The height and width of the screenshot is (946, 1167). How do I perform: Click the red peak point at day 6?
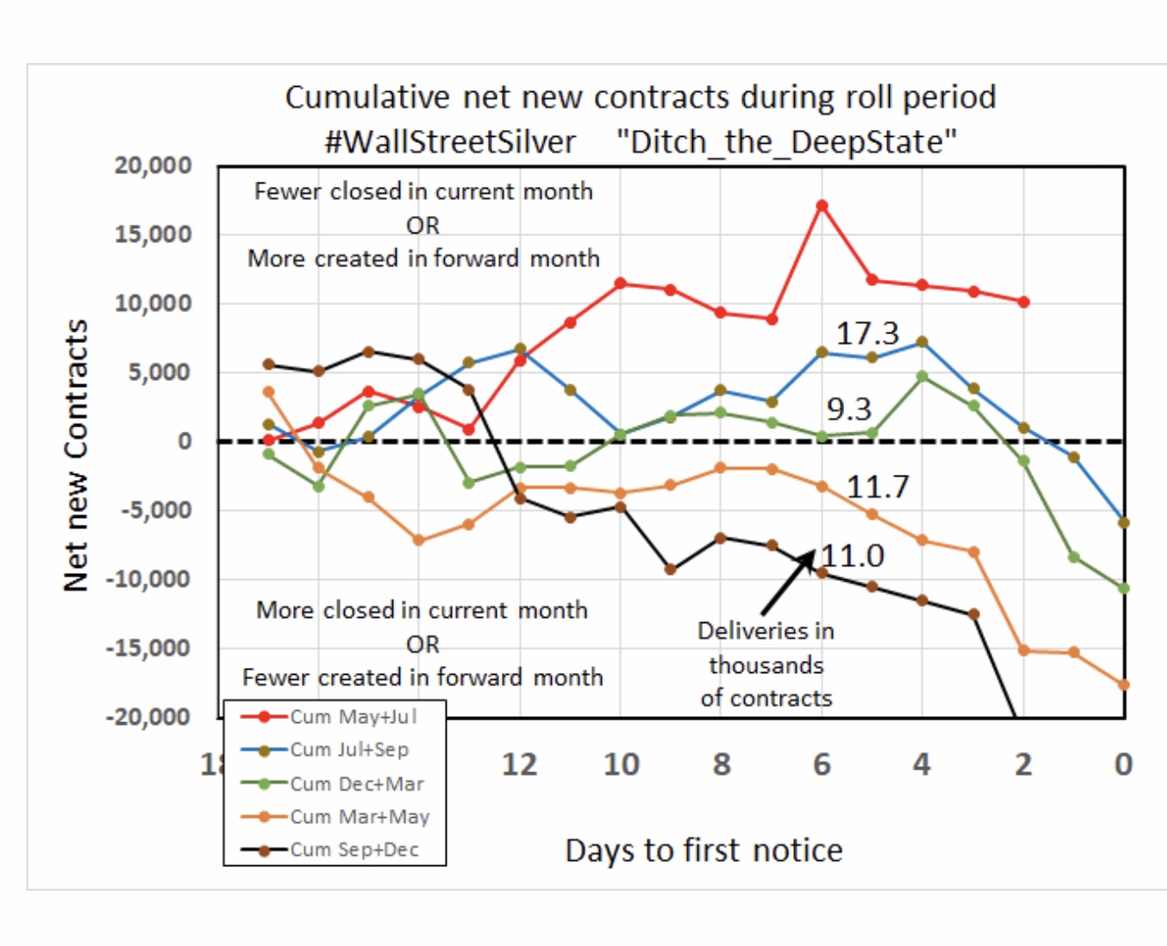point(822,206)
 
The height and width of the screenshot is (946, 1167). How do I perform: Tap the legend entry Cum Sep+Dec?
point(354,849)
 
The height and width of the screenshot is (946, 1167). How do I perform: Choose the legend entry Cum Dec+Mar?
point(356,784)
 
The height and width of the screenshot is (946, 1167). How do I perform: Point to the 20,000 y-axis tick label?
point(153,166)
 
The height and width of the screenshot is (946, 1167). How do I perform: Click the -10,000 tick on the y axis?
point(148,579)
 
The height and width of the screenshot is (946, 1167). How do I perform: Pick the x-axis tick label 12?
point(519,764)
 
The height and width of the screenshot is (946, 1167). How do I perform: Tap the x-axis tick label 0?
point(1123,764)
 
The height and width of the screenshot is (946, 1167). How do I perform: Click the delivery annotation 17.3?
point(867,333)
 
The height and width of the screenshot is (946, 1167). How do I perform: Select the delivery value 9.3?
point(848,409)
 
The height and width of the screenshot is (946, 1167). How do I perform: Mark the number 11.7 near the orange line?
point(877,486)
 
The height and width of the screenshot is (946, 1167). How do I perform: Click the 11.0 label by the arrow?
point(853,555)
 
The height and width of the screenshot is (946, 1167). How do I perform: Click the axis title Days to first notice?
point(704,850)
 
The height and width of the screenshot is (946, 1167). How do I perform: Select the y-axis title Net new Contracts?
point(76,455)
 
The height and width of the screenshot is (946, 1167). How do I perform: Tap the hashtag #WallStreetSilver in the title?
point(450,141)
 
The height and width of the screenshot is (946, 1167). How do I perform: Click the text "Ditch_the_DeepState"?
point(786,141)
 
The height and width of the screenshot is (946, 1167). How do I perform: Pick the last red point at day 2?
point(1023,302)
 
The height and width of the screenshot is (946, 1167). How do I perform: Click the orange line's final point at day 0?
point(1124,684)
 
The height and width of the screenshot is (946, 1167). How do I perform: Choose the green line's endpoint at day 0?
point(1124,588)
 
